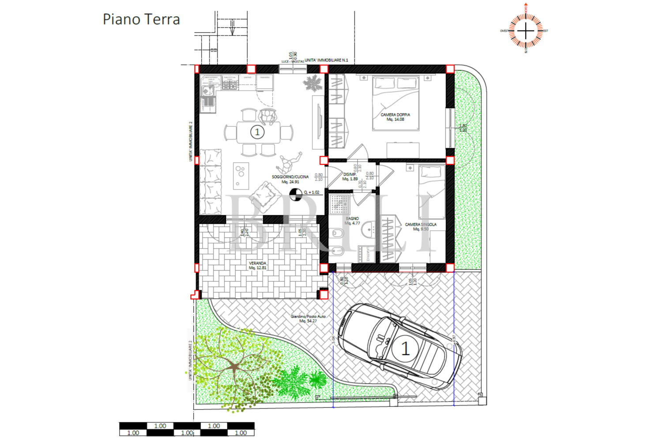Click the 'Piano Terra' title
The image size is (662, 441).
[141, 19]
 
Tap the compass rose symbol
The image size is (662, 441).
[526, 31]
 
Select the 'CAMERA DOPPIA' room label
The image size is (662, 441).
[395, 117]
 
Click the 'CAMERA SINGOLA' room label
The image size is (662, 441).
[421, 226]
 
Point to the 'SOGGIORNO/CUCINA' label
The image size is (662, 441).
[290, 179]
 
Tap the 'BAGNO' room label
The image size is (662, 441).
[352, 220]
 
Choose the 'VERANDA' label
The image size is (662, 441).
[257, 265]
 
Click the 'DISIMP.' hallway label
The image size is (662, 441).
[350, 176]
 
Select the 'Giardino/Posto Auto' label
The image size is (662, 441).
[308, 318]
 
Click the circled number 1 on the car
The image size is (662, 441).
[405, 349]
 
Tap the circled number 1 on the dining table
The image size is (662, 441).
[257, 132]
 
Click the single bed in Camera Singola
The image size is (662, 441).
[432, 190]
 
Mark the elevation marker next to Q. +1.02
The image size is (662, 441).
[296, 193]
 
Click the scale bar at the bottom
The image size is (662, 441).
[187, 429]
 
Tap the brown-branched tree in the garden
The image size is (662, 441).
[234, 366]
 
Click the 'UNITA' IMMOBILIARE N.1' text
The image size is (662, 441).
[326, 60]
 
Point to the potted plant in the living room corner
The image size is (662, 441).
[312, 82]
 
